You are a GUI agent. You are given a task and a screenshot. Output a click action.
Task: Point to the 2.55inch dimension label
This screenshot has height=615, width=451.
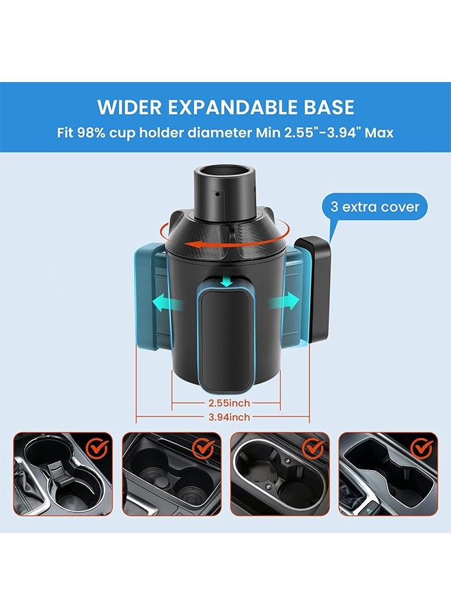click(x=226, y=403)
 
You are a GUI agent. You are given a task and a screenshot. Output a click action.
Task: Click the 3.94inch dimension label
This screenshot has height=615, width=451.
click(x=226, y=417)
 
